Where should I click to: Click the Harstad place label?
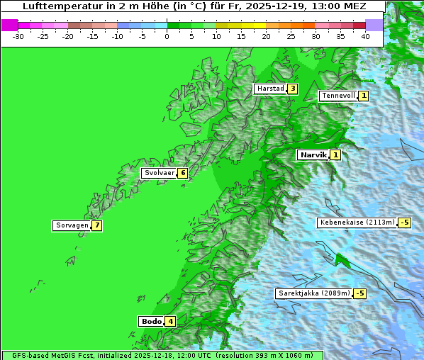coord(270,89)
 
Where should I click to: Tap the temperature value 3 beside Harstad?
coord(291,89)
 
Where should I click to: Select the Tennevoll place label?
coord(337,96)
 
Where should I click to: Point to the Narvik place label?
coord(313,154)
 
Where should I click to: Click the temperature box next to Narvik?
coord(335,154)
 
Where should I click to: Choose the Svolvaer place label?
coord(159,173)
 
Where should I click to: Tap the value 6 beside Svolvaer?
coord(182,173)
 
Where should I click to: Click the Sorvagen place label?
coord(72,225)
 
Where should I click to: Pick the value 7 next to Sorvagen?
coord(96,225)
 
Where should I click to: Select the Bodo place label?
coord(152,321)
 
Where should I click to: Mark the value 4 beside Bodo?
coord(171,321)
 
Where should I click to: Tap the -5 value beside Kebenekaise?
coord(404,223)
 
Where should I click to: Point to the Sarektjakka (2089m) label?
coord(313,293)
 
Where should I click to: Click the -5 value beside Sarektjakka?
coord(359,293)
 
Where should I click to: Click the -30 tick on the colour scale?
coord(18,35)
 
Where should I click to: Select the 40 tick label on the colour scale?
coord(365,35)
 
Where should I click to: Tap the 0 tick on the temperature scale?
coord(167,35)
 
